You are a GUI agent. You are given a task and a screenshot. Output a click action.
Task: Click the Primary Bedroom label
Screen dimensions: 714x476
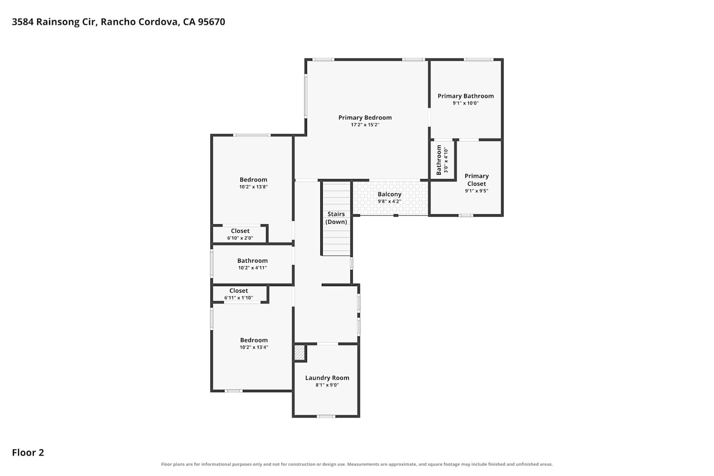(x=365, y=118)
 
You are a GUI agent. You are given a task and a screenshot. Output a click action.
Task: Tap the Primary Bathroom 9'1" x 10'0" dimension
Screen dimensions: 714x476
(x=466, y=103)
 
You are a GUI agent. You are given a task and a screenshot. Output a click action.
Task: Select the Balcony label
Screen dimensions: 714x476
(x=389, y=194)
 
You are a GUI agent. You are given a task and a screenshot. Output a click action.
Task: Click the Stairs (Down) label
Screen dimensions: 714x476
(x=336, y=218)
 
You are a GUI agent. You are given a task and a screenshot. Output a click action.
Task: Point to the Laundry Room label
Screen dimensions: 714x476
(x=327, y=378)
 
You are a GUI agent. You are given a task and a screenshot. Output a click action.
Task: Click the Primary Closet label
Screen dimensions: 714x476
(x=476, y=180)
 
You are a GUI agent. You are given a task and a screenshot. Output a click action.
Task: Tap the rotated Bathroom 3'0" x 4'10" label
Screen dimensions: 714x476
(x=442, y=160)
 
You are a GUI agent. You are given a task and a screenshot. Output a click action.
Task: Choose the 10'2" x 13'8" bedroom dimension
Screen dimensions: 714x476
(x=253, y=187)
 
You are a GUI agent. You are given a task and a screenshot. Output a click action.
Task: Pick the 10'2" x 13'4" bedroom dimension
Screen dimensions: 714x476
(x=254, y=347)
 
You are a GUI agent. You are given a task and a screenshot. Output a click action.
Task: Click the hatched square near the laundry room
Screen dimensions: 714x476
(x=299, y=353)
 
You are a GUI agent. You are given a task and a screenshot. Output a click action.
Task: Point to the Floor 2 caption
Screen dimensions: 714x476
(x=28, y=453)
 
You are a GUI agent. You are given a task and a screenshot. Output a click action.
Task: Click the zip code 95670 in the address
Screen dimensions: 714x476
(x=211, y=22)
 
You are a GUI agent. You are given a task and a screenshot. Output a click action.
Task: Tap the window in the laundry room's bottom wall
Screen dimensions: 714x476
(x=326, y=416)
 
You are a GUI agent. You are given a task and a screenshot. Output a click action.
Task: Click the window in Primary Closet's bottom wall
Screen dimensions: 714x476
(x=466, y=216)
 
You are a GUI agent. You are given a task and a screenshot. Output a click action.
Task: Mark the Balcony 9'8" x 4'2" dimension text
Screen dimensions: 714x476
(x=389, y=201)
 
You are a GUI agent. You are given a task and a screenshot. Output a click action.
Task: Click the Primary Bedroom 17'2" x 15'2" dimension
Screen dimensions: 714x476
(x=365, y=125)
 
